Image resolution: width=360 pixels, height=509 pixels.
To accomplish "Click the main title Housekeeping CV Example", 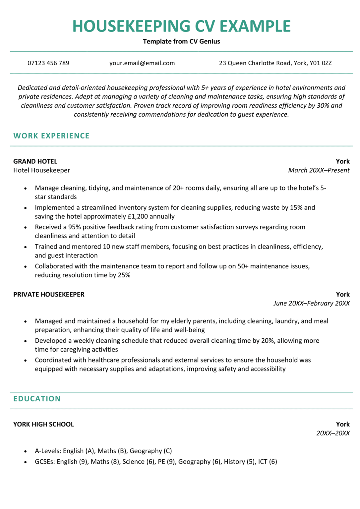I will [x=181, y=26].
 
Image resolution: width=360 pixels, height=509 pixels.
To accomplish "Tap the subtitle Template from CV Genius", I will [x=181, y=41].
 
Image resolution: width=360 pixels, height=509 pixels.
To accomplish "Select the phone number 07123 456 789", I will [x=48, y=63].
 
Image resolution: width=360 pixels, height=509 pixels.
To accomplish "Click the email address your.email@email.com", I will [x=142, y=63].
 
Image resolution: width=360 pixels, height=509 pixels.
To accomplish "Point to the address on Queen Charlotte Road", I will [x=275, y=63].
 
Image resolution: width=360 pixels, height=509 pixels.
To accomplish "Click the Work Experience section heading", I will [x=51, y=136].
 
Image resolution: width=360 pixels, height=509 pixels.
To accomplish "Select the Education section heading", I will [x=37, y=399].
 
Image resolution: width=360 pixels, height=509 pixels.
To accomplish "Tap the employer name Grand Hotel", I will [x=35, y=161].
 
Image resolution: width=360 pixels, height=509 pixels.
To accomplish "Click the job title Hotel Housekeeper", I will [x=41, y=170].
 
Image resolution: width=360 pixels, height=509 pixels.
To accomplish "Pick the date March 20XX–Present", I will [x=319, y=170].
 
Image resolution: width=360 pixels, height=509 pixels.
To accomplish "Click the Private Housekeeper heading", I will [x=49, y=295].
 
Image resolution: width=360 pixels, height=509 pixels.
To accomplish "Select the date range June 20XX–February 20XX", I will [x=311, y=303].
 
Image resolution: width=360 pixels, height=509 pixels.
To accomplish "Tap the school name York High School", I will [x=43, y=424].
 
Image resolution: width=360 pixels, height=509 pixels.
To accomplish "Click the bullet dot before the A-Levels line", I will [x=26, y=451].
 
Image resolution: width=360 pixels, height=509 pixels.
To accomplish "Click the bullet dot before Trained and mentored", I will [x=26, y=247].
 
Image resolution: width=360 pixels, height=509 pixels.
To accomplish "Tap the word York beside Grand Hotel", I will [x=342, y=161].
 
